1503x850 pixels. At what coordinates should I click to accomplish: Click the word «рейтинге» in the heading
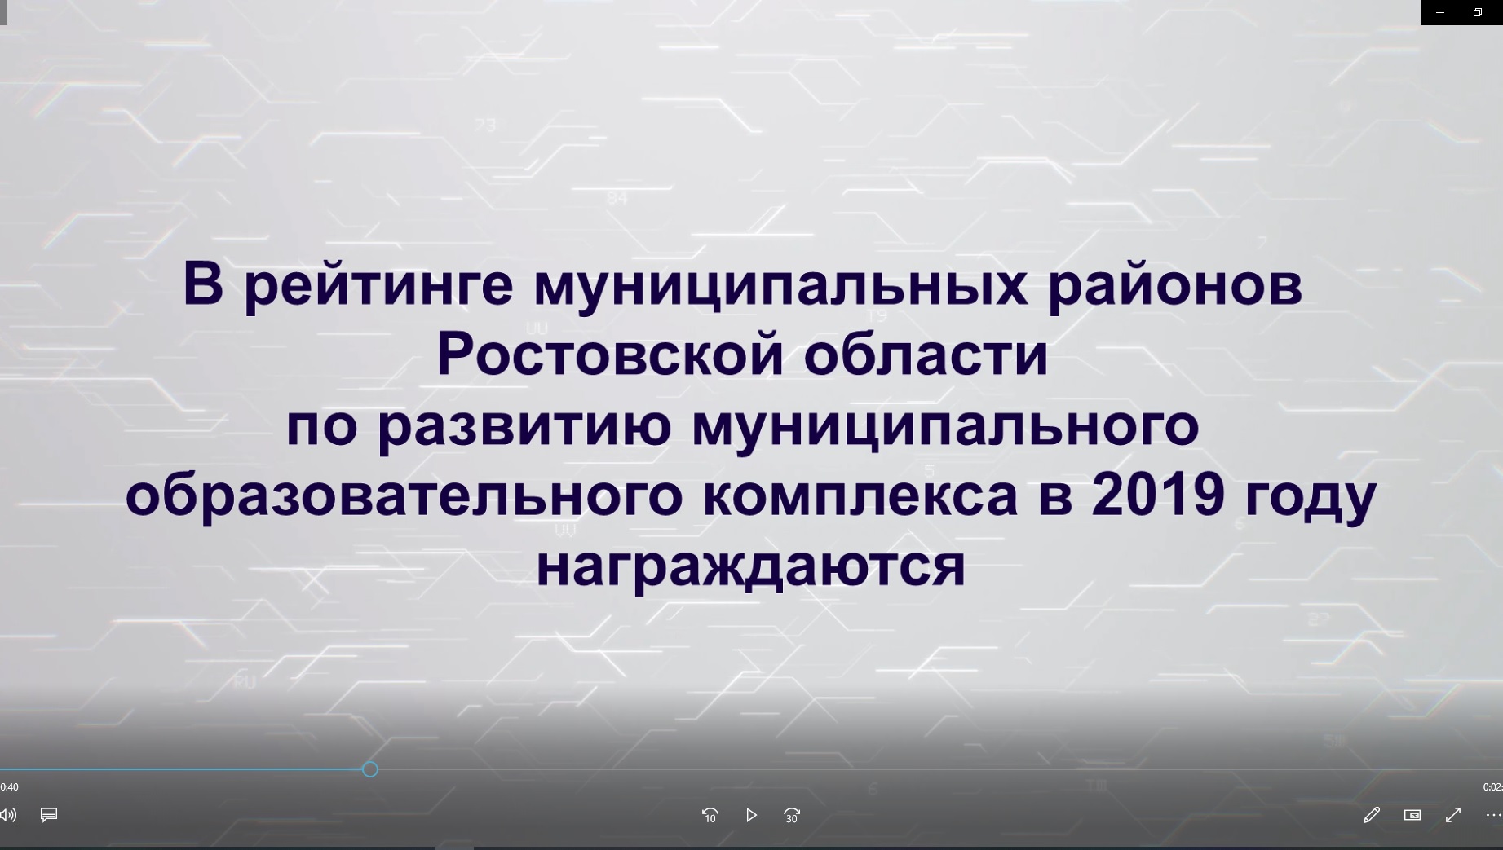coord(378,286)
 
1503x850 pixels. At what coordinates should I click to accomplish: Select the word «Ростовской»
coord(610,355)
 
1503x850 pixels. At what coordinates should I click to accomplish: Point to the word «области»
coord(926,356)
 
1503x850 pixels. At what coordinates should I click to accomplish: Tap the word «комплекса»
coord(860,495)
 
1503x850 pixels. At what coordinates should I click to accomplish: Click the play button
coord(751,815)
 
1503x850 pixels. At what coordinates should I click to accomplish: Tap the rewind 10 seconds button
coord(710,815)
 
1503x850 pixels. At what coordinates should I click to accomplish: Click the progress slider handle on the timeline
coord(370,769)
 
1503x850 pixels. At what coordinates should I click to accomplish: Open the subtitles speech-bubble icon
coord(49,815)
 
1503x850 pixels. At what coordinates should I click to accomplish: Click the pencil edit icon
coord(1372,815)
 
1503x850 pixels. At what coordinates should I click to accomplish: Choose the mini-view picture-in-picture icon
coord(1412,815)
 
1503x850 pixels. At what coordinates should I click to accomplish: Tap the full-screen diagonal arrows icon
coord(1453,815)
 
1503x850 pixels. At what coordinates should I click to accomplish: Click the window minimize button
coord(1440,12)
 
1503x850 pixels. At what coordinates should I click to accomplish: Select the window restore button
coord(1478,12)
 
